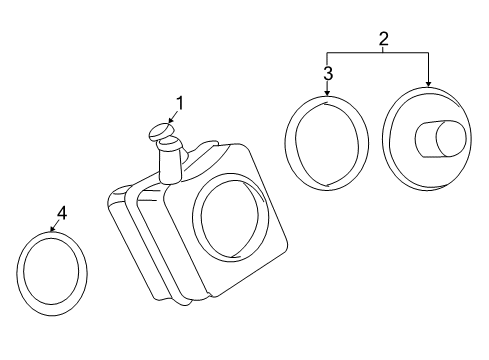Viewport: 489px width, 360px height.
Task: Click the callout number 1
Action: (180, 103)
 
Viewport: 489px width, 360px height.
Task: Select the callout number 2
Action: (383, 39)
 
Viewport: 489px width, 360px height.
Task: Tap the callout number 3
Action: (328, 73)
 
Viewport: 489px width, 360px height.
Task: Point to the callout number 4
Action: (62, 213)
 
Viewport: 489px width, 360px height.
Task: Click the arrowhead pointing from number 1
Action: (170, 120)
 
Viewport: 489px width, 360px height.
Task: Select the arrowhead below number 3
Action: (327, 93)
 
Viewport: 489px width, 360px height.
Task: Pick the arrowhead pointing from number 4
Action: (52, 229)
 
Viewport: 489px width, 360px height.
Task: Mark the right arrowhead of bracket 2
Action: (428, 84)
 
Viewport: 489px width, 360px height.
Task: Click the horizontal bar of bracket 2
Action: (378, 53)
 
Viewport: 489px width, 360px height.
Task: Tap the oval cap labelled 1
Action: (160, 131)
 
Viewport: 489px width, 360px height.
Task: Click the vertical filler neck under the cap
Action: (171, 162)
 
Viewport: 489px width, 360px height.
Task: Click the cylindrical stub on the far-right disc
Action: (440, 138)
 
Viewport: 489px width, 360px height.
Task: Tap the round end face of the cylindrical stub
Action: (451, 138)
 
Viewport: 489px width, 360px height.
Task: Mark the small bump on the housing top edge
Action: (207, 146)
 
